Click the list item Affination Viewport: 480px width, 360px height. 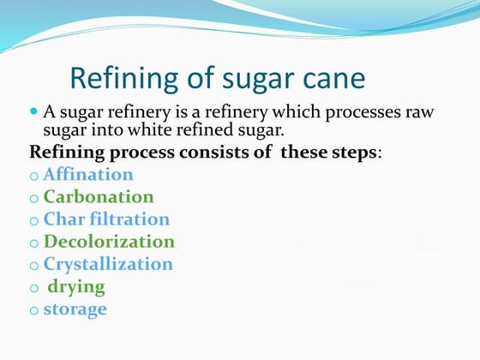click(x=88, y=175)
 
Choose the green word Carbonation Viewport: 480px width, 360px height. click(x=99, y=197)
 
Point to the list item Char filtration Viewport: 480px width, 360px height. click(x=106, y=219)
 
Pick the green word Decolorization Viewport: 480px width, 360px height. click(x=109, y=242)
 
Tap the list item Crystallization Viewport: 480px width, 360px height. click(x=108, y=264)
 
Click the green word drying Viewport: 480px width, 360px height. click(x=76, y=287)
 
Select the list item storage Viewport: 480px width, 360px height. click(x=75, y=309)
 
